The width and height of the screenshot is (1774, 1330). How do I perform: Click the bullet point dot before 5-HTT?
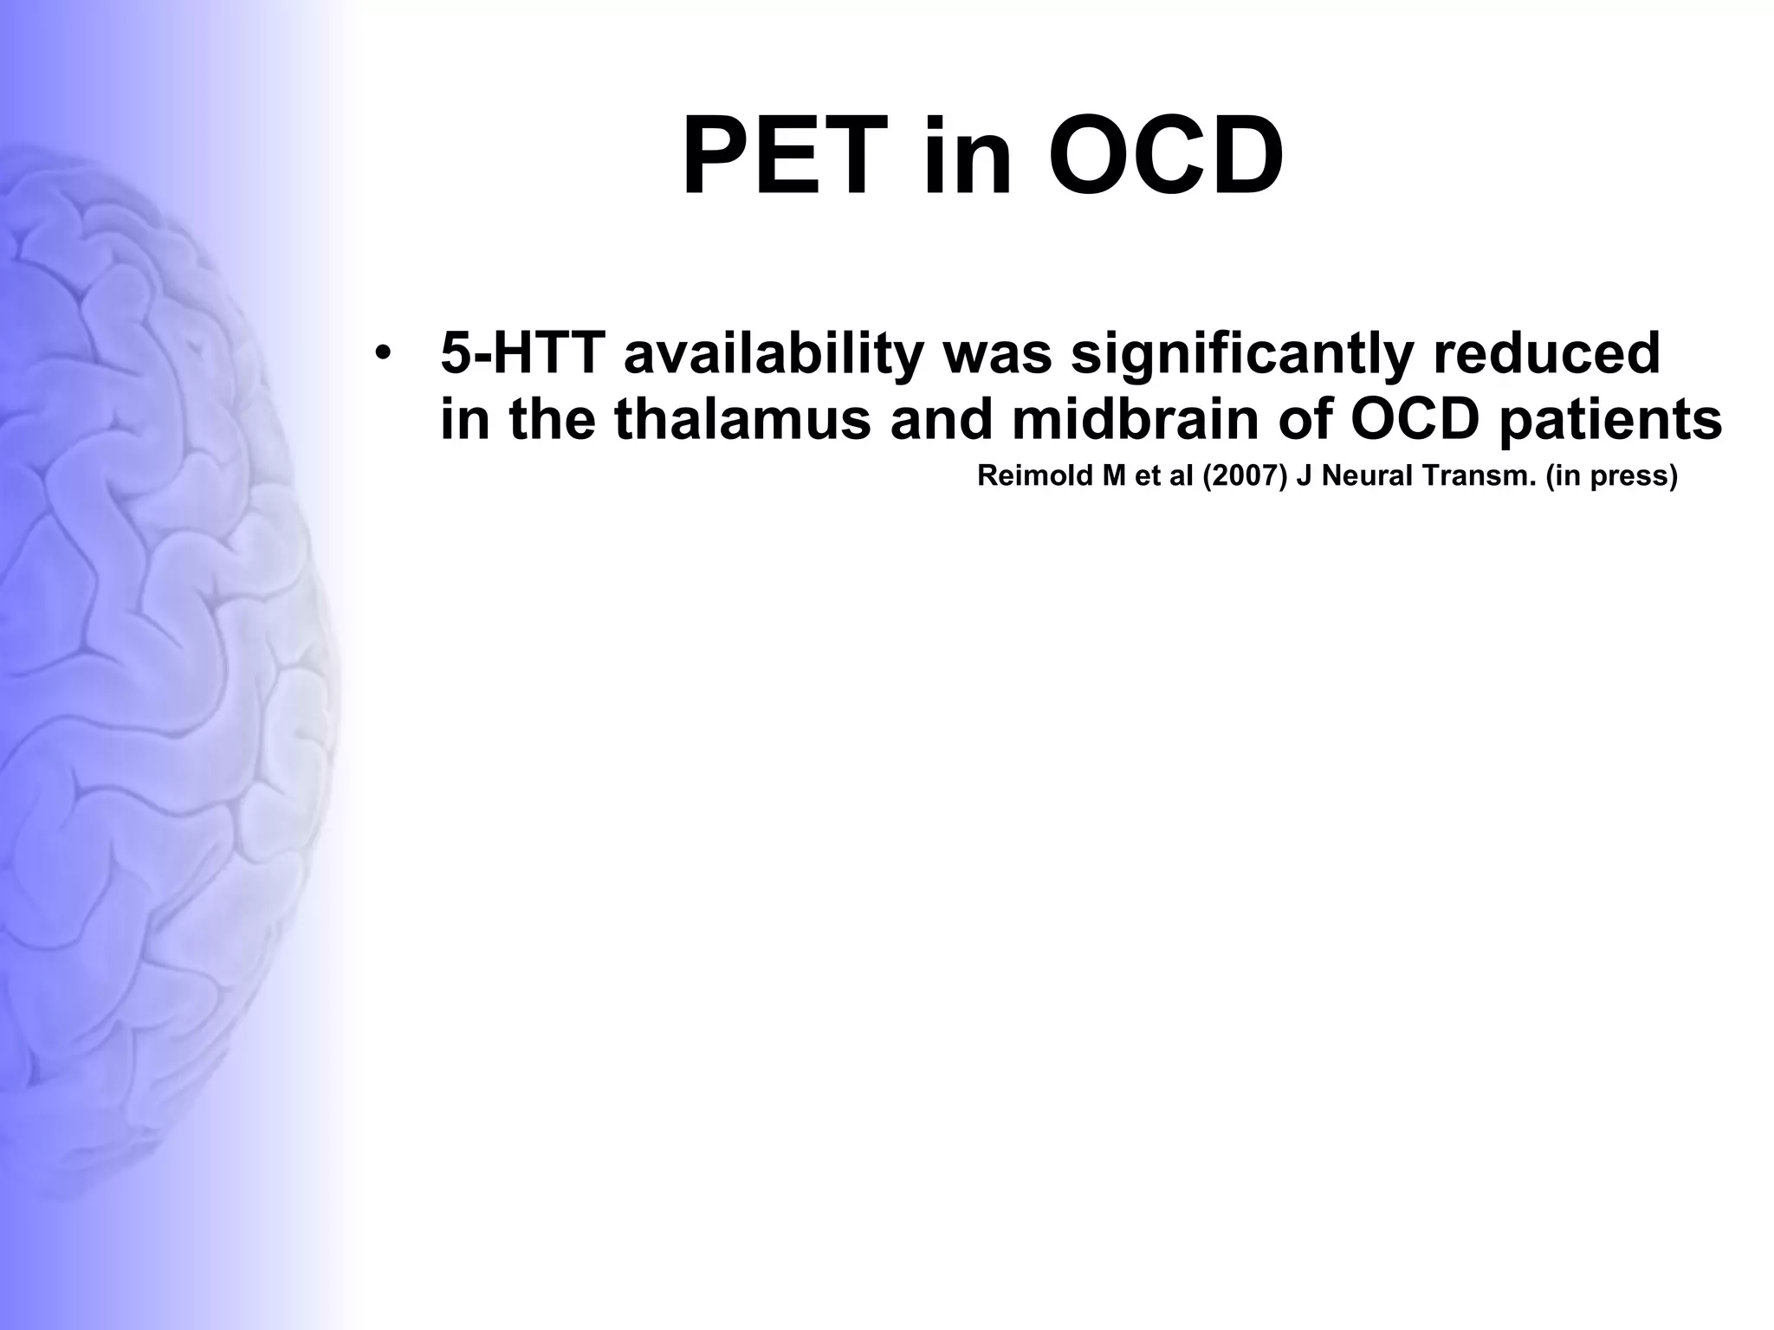(x=382, y=354)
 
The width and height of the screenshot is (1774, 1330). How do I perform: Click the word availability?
(x=774, y=354)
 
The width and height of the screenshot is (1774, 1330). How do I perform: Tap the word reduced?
(x=1546, y=354)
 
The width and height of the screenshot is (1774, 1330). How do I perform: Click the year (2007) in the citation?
(x=1245, y=476)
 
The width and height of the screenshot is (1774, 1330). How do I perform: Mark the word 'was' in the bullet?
(x=998, y=354)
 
